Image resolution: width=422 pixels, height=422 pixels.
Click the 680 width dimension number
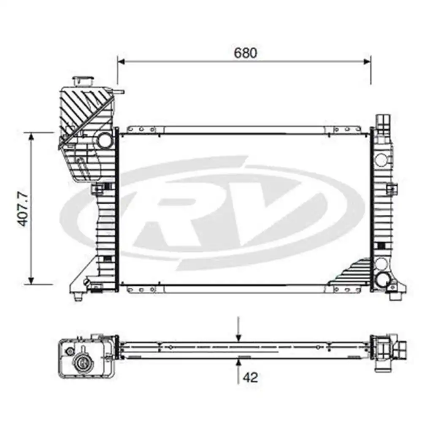(x=245, y=53)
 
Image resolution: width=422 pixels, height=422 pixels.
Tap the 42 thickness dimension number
(x=250, y=377)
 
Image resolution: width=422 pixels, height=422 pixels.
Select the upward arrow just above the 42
(x=239, y=362)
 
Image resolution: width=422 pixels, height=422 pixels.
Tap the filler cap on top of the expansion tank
(x=84, y=81)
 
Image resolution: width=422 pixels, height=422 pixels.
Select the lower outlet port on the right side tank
(x=384, y=279)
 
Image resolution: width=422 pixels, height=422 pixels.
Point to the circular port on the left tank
(x=103, y=140)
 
